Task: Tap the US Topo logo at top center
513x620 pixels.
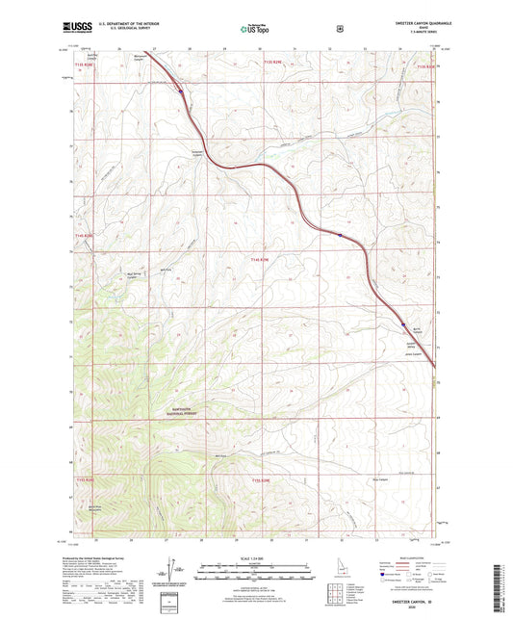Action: pyautogui.click(x=255, y=30)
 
